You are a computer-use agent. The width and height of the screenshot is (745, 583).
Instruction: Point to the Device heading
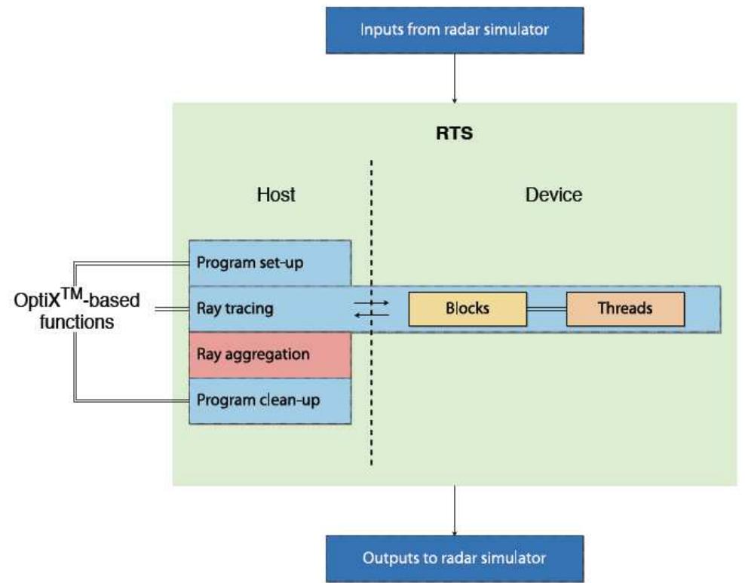click(553, 195)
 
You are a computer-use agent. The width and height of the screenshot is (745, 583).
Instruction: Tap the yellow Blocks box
click(467, 309)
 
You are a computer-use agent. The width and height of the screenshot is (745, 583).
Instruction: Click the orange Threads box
click(625, 309)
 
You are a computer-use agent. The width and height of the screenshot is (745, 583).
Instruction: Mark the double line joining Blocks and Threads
click(546, 309)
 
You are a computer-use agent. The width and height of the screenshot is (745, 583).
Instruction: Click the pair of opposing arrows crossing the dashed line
click(372, 308)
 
